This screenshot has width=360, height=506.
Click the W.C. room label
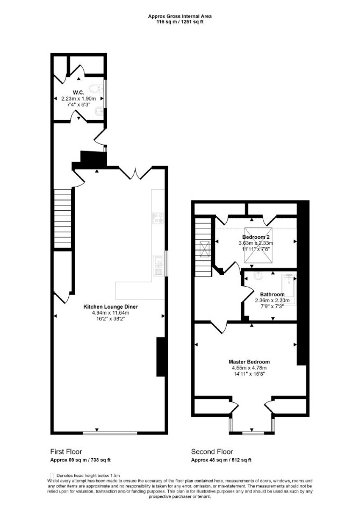click(78, 92)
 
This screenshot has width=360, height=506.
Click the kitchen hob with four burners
click(158, 218)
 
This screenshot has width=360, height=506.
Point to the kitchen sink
click(158, 265)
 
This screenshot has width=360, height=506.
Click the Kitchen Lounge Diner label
click(111, 307)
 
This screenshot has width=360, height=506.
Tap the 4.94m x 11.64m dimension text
click(111, 313)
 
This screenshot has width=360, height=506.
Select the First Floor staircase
click(62, 219)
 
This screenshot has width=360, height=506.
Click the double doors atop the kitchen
click(136, 172)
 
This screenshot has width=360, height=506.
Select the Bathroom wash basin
click(258, 275)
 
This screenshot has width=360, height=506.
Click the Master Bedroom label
click(249, 362)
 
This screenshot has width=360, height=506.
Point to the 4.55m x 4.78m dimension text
click(249, 368)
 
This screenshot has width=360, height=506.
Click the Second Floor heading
click(212, 452)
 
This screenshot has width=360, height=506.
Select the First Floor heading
click(66, 452)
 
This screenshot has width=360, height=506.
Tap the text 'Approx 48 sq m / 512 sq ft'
click(221, 460)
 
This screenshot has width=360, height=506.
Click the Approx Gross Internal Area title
click(180, 16)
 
